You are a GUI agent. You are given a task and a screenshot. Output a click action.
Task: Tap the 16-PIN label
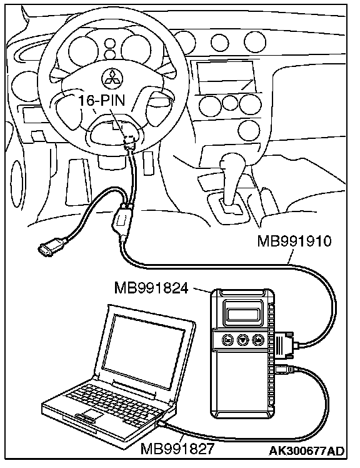(102, 100)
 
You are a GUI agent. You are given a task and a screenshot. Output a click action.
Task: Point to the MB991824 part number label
(151, 288)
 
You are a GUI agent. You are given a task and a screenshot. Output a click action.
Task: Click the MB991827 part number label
(177, 449)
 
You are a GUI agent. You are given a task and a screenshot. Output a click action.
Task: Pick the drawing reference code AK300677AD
(307, 450)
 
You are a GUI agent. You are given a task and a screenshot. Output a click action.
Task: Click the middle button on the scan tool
(242, 340)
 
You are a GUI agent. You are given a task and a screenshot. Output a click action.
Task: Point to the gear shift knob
(232, 163)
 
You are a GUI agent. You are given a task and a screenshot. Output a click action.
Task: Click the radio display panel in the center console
(226, 77)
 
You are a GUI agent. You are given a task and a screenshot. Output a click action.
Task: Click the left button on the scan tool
(227, 340)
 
